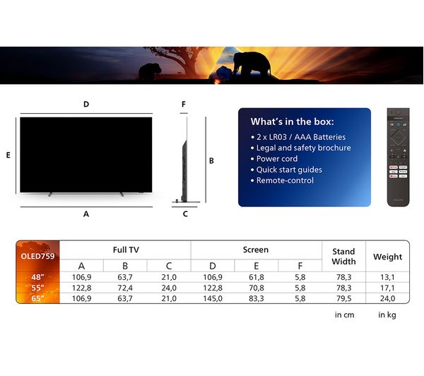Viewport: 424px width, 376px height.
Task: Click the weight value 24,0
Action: click(x=387, y=298)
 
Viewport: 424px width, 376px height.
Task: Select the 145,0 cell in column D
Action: click(x=213, y=298)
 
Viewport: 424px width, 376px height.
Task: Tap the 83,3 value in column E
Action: click(x=257, y=298)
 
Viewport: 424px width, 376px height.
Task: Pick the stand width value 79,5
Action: click(x=343, y=298)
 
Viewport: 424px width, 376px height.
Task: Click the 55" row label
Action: click(x=37, y=288)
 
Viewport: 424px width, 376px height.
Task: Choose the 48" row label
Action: click(x=37, y=277)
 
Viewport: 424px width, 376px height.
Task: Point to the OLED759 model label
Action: click(x=37, y=256)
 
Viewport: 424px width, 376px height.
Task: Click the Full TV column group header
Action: click(x=126, y=249)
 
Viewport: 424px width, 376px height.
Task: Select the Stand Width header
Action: click(x=343, y=257)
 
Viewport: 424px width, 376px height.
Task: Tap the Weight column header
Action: click(x=387, y=257)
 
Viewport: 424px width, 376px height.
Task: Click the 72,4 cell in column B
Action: click(x=125, y=288)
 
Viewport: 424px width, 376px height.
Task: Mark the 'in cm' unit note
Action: click(x=344, y=315)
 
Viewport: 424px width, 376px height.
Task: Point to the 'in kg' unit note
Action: click(x=387, y=315)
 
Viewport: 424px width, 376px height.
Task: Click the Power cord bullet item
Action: click(x=277, y=159)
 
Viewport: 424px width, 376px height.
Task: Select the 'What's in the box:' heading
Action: click(x=292, y=122)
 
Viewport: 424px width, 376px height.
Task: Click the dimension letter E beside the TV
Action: click(x=8, y=155)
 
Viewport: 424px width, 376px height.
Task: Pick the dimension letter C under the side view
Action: click(x=185, y=214)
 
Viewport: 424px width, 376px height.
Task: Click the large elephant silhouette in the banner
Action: click(x=252, y=65)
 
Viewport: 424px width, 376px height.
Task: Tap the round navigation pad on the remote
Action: click(x=398, y=137)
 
